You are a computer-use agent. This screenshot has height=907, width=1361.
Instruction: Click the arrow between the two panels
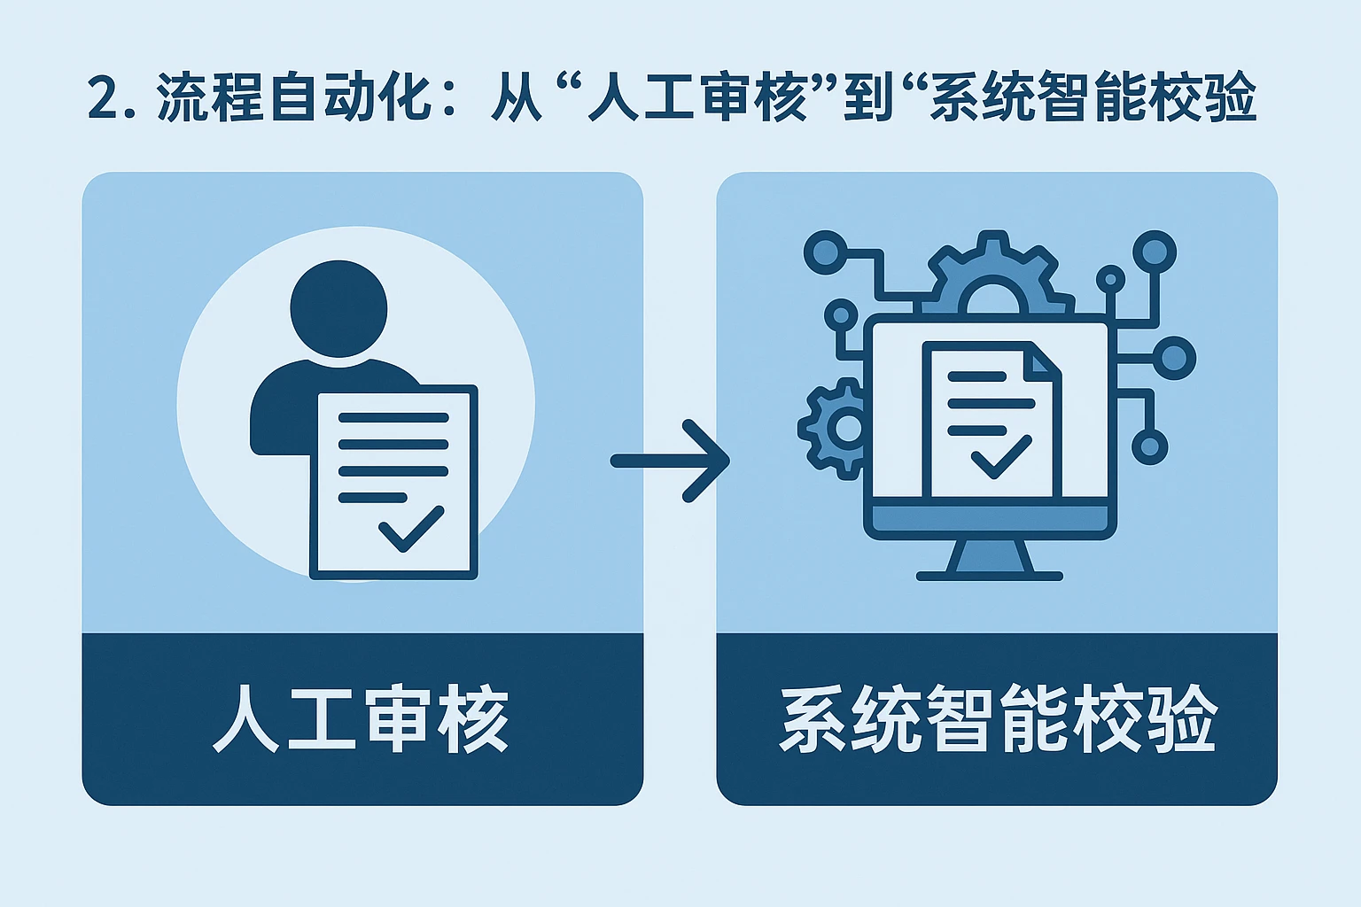coord(671,461)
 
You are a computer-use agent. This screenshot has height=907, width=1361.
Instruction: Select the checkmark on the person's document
coord(410,528)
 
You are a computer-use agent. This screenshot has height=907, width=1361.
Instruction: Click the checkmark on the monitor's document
coord(1000,457)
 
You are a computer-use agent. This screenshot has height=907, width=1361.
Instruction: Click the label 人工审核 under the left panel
coord(362,718)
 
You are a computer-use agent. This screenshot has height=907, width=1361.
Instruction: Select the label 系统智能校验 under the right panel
coord(997,718)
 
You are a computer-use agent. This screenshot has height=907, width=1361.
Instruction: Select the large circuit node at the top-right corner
coord(1155,252)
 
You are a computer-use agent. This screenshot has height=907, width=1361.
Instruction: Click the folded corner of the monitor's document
coord(1045,359)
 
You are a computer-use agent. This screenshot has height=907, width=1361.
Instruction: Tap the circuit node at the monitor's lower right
coord(1149,446)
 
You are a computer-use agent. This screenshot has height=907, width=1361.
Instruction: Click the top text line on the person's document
coord(393,417)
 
